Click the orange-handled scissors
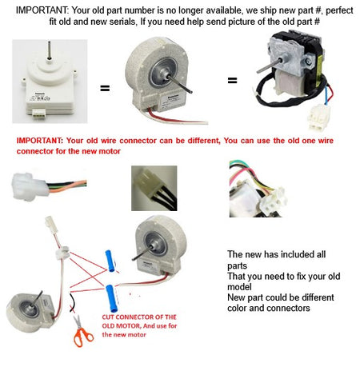(82, 332)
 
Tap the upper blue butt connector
(110, 261)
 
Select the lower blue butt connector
(111, 298)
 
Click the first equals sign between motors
(105, 88)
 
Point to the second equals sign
(232, 80)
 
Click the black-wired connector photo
(154, 188)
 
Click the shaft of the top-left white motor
(49, 50)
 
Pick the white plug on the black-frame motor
(318, 117)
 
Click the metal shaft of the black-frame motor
(269, 66)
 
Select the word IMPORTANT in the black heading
(42, 10)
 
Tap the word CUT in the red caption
(108, 317)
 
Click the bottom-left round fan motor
(30, 311)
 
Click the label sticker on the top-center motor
(171, 102)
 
